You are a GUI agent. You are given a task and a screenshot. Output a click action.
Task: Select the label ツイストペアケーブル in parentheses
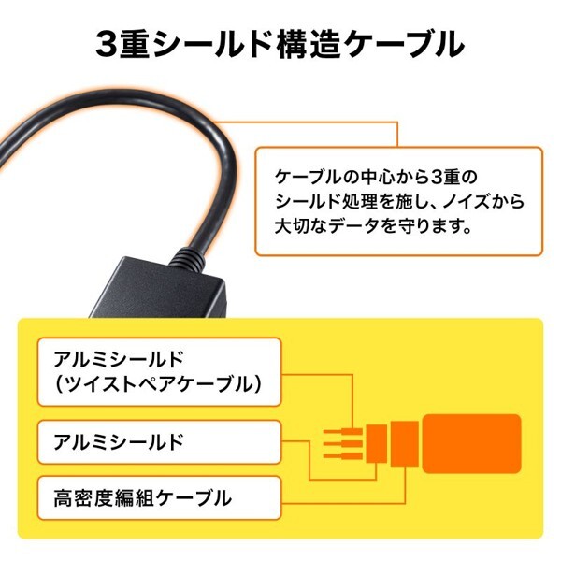[157, 384]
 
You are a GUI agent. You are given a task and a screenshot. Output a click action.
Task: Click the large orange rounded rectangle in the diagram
[471, 442]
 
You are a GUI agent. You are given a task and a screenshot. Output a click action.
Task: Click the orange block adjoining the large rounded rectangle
[403, 442]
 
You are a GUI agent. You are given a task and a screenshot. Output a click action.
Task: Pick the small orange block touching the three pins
[375, 442]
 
